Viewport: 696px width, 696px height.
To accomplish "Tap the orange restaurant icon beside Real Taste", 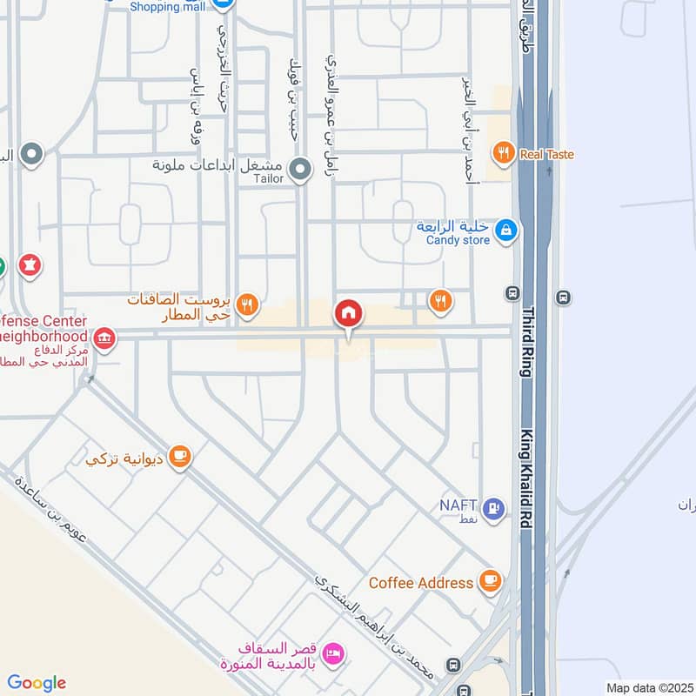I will [503, 155].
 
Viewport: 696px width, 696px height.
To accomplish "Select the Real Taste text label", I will [546, 155].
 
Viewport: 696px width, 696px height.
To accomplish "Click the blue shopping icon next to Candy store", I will [505, 231].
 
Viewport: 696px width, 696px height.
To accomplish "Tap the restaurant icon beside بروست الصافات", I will [248, 304].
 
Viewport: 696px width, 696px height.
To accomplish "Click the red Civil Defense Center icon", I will [104, 338].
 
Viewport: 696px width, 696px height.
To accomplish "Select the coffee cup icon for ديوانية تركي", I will [179, 457].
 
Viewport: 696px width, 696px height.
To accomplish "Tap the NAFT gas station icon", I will [494, 509].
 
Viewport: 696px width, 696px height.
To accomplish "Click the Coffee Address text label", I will [421, 583].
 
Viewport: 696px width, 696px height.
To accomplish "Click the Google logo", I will [37, 683].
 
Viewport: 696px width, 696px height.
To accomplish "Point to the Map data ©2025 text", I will [648, 687].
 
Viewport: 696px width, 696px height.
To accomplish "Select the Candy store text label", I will [458, 240].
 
